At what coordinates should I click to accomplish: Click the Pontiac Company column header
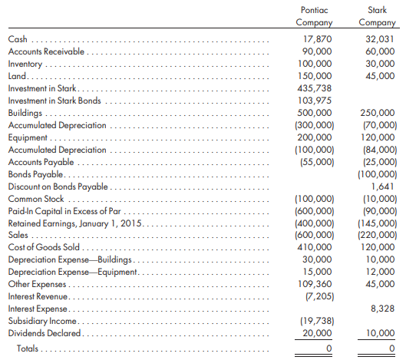point(314,16)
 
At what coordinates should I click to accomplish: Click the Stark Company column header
point(377,16)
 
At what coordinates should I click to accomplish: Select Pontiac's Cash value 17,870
point(318,39)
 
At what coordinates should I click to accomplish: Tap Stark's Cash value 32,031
point(380,39)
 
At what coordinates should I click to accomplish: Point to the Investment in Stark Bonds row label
point(54,101)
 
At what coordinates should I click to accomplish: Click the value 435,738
point(315,88)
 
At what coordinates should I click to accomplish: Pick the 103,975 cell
point(315,101)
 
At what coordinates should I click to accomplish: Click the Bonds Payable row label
point(35,174)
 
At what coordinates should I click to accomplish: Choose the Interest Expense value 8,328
point(383,309)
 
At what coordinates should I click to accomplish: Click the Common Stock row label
point(36,199)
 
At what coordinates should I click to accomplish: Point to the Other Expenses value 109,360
point(315,284)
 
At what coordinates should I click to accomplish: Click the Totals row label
point(28,348)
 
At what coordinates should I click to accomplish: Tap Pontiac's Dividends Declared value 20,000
point(317,333)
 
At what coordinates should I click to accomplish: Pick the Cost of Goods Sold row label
point(44,247)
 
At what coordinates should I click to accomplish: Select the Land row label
point(17,76)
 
